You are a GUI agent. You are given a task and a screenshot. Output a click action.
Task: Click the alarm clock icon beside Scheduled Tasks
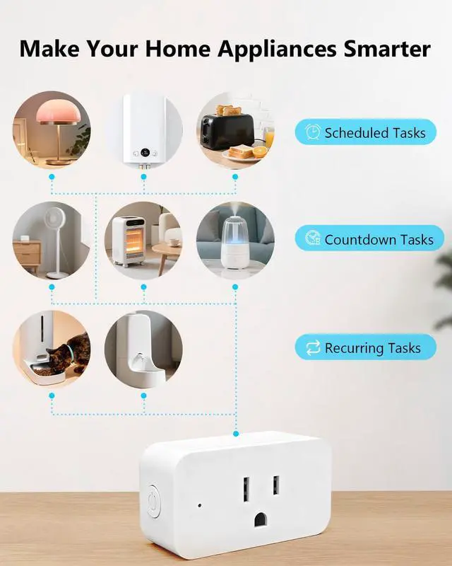312,132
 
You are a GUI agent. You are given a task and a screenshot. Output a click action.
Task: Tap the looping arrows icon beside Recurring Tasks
312,348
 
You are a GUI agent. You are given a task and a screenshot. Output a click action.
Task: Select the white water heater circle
143,130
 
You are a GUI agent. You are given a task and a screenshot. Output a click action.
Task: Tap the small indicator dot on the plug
200,507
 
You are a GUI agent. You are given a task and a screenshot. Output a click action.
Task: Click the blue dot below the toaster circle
235,178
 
